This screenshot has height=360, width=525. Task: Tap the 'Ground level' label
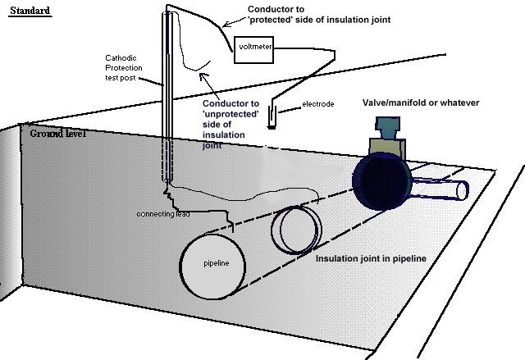58,133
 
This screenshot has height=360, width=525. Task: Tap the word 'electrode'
318,104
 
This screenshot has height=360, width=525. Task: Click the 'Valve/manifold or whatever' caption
421,103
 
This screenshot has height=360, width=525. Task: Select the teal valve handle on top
386,126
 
